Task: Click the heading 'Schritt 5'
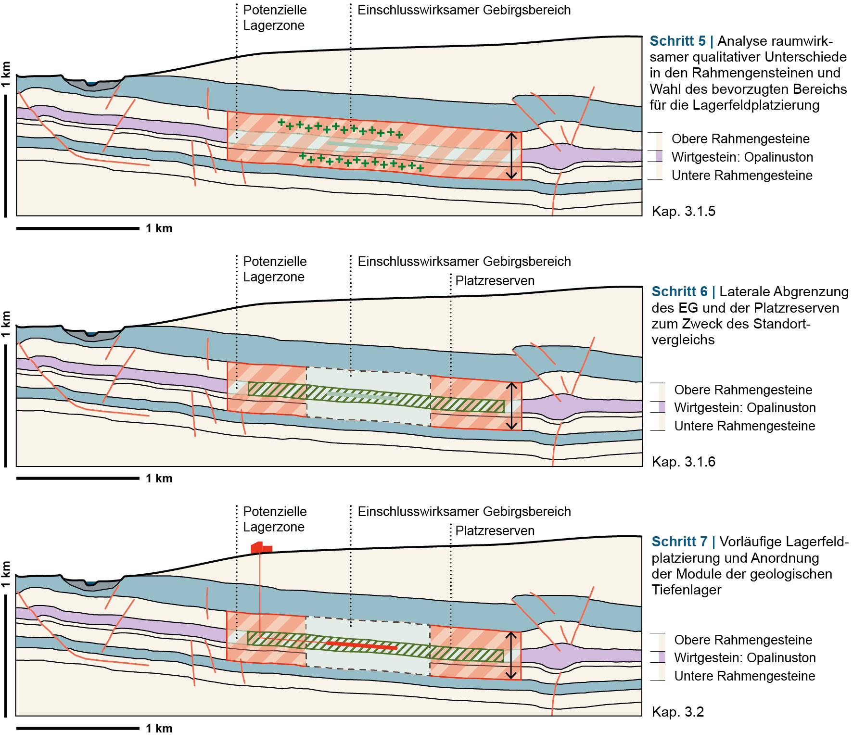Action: click(677, 41)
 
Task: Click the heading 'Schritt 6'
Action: click(679, 292)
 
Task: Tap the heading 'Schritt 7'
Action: click(679, 542)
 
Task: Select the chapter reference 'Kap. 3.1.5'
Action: click(683, 211)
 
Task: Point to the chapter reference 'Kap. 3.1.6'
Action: click(683, 462)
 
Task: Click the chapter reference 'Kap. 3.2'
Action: click(677, 712)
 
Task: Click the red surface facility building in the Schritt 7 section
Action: click(261, 548)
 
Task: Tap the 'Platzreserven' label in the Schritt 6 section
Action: click(495, 281)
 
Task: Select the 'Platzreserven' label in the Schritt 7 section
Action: click(495, 531)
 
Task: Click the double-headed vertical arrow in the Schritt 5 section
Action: click(511, 156)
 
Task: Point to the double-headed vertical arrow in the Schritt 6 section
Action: click(511, 406)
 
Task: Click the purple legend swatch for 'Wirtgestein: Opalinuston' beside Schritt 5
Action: click(659, 157)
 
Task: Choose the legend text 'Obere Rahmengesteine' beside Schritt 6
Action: click(743, 390)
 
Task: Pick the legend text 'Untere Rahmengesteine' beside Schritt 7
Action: click(744, 676)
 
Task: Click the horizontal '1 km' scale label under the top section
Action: click(159, 228)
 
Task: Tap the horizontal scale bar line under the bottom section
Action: click(77, 728)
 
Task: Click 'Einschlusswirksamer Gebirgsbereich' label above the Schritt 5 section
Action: click(464, 10)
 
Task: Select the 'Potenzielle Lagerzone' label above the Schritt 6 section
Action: click(274, 269)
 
